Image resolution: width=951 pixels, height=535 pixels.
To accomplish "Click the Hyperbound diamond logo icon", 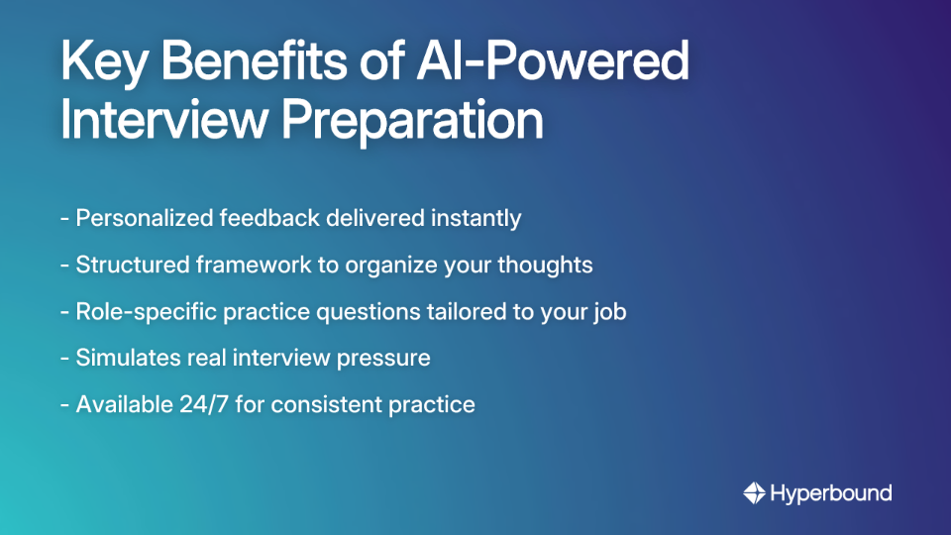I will pyautogui.click(x=754, y=492).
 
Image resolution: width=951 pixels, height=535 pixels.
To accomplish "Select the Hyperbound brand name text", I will pyautogui.click(x=831, y=492).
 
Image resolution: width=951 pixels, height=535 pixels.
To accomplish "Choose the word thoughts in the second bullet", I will pyautogui.click(x=546, y=265).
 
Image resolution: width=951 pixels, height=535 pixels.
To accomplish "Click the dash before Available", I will pyautogui.click(x=64, y=404).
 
